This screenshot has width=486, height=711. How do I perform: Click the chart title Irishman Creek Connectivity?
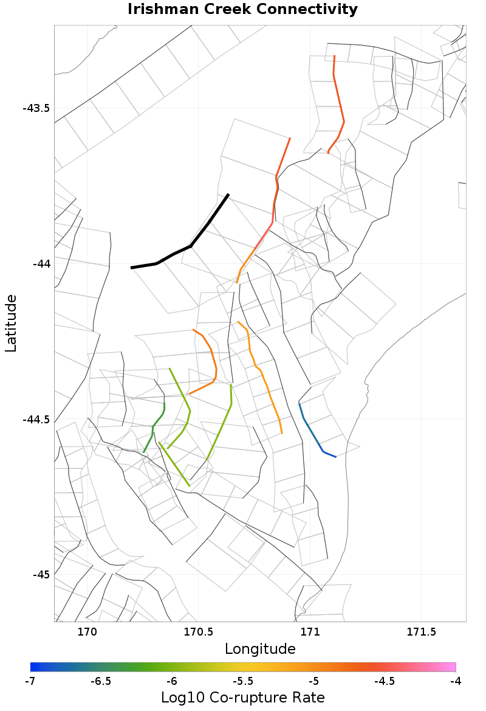(x=242, y=10)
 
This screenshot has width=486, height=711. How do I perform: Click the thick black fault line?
(x=191, y=246)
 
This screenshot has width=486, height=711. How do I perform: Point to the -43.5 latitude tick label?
(x=36, y=108)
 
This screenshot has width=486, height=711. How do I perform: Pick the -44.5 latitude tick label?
(x=36, y=420)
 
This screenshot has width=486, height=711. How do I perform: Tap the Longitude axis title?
(x=260, y=649)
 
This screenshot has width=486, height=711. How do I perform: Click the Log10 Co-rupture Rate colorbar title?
(x=242, y=697)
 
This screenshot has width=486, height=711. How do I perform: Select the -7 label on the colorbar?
(x=30, y=681)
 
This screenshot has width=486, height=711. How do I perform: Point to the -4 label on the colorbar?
(x=456, y=681)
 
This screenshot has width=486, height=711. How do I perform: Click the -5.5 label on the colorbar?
(x=243, y=681)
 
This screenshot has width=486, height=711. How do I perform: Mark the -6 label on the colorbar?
(x=172, y=681)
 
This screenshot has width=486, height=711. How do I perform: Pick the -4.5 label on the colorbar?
(x=385, y=681)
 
